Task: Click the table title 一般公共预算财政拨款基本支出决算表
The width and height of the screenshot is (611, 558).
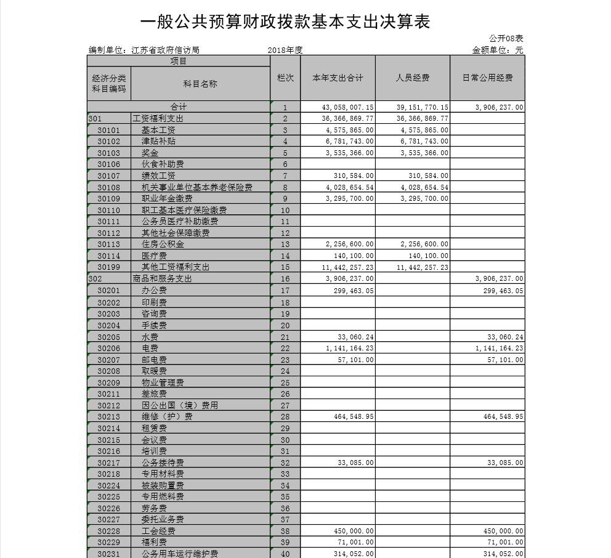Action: coord(285,22)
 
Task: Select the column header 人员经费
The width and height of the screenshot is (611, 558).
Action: coord(412,78)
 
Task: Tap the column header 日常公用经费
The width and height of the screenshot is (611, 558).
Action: coord(487,78)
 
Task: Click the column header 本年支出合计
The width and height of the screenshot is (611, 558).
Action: coord(338,78)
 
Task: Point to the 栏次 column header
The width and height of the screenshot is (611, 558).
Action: coord(285,78)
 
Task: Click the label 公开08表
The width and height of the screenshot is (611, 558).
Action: coord(506,39)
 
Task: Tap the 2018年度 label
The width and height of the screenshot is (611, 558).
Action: coord(285,50)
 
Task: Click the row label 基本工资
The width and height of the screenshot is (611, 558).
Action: coord(158,130)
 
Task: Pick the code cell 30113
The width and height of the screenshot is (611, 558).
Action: coord(109,244)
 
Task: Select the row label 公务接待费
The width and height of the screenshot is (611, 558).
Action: coord(163,463)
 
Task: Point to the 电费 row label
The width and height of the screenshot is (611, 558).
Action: coord(150,349)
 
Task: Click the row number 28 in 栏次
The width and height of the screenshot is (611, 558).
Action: coord(285,417)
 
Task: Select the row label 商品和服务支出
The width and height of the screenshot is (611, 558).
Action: coord(163,278)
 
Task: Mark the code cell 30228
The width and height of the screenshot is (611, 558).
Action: coord(109,531)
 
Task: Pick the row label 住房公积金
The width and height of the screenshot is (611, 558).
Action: coord(163,244)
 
